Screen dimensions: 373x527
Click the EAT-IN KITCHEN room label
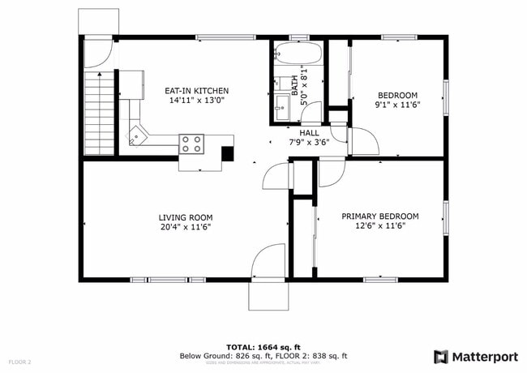(198, 91)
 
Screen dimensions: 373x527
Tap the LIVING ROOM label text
(185, 217)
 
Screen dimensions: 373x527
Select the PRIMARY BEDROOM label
(379, 217)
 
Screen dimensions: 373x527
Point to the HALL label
(309, 133)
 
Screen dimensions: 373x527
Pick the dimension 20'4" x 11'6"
(185, 227)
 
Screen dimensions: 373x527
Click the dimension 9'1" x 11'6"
(396, 105)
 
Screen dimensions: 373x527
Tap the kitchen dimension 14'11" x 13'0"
(198, 101)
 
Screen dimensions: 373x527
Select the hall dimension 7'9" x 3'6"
(309, 143)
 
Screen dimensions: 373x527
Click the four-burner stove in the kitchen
(191, 144)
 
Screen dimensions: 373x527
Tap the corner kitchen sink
(135, 134)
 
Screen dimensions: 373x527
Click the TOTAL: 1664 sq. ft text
(263, 347)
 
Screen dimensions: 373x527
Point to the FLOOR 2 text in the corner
(20, 361)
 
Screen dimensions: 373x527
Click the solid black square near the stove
(228, 152)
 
